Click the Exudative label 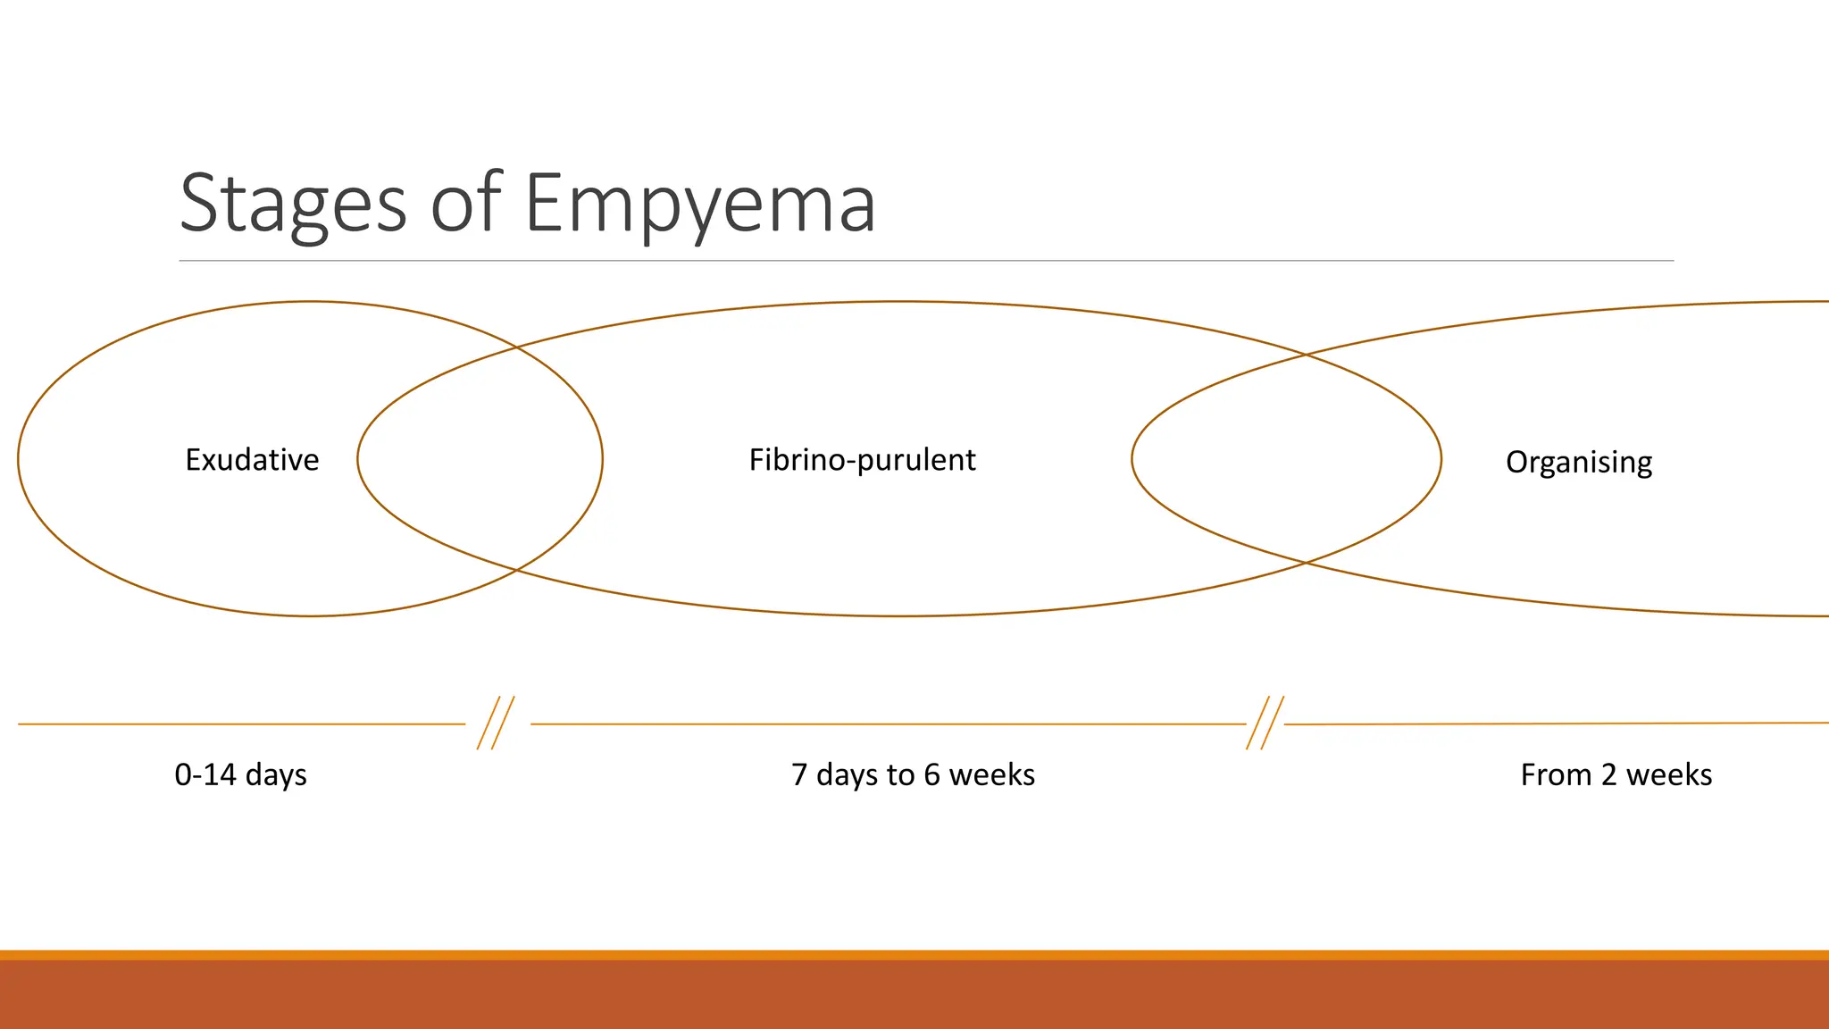click(252, 460)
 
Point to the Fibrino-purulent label click(862, 460)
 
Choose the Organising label click(1578, 463)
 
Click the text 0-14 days click(240, 774)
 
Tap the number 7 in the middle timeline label click(799, 774)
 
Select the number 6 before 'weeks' click(931, 774)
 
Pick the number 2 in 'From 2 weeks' click(1608, 774)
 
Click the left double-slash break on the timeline click(496, 723)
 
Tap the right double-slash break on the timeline click(1265, 723)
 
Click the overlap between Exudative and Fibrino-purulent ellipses click(480, 459)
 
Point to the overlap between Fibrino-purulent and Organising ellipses click(1286, 459)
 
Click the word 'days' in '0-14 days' click(275, 774)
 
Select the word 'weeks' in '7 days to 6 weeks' click(991, 774)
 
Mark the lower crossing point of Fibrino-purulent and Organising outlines click(1305, 563)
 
